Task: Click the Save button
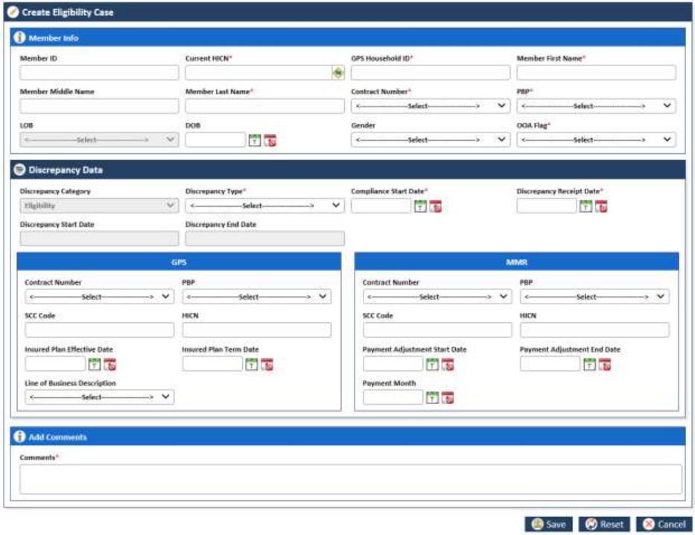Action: [x=548, y=524]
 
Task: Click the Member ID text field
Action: [x=99, y=73]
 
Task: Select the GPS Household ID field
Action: [x=431, y=73]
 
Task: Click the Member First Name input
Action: [x=596, y=73]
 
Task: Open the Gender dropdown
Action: [x=431, y=140]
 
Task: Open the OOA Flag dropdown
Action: [x=596, y=140]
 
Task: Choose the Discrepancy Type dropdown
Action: [x=264, y=206]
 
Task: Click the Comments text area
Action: [x=350, y=479]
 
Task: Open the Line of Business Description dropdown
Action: [x=99, y=397]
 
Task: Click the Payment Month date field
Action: [x=393, y=397]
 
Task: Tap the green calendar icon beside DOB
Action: [x=254, y=141]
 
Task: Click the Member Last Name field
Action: [x=264, y=106]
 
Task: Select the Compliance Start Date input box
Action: [x=381, y=206]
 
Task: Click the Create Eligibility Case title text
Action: [x=68, y=13]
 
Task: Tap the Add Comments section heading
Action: [x=57, y=437]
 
